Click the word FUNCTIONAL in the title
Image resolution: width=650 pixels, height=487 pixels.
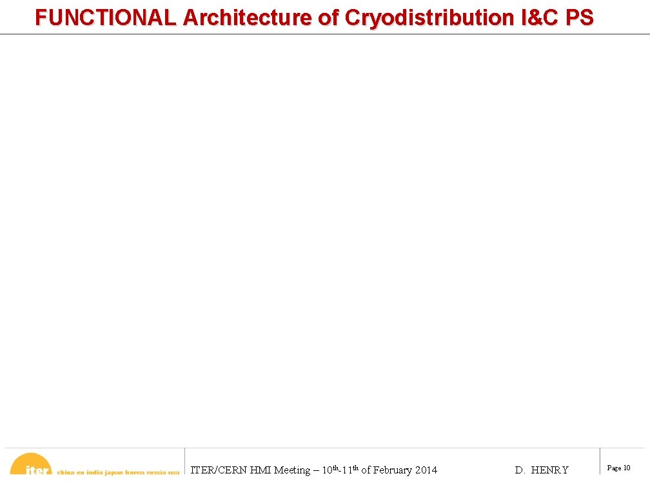106,17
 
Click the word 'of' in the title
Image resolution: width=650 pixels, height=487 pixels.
329,17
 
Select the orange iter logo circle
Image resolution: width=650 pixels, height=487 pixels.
31,466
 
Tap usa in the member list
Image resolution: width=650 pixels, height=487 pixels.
173,472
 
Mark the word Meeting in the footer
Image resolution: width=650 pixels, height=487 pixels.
292,470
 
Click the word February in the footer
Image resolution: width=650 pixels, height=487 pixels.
392,470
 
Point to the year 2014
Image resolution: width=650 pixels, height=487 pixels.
426,470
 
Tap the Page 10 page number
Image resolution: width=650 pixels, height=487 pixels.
618,468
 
